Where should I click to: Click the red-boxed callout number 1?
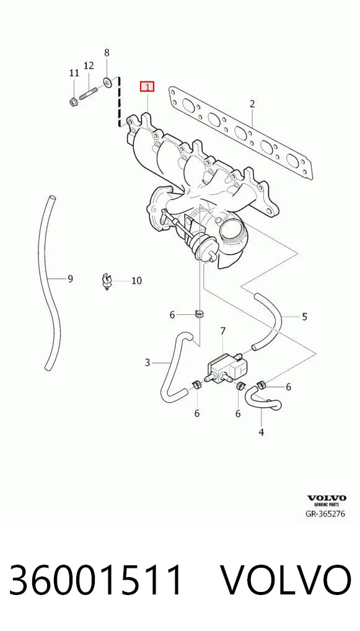(147, 87)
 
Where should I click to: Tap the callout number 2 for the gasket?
(252, 104)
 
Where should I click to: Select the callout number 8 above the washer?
(107, 53)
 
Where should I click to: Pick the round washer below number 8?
(107, 82)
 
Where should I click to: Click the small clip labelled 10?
(106, 281)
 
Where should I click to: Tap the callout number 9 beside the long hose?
(70, 278)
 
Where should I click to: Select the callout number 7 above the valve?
(223, 331)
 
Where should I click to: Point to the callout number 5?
(304, 317)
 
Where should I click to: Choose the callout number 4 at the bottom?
(261, 432)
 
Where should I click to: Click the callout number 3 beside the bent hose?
(147, 363)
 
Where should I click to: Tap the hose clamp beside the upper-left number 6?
(200, 312)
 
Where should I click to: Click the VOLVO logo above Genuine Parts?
(327, 498)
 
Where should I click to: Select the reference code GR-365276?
(326, 513)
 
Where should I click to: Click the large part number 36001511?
(96, 580)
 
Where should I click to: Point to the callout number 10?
(136, 281)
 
